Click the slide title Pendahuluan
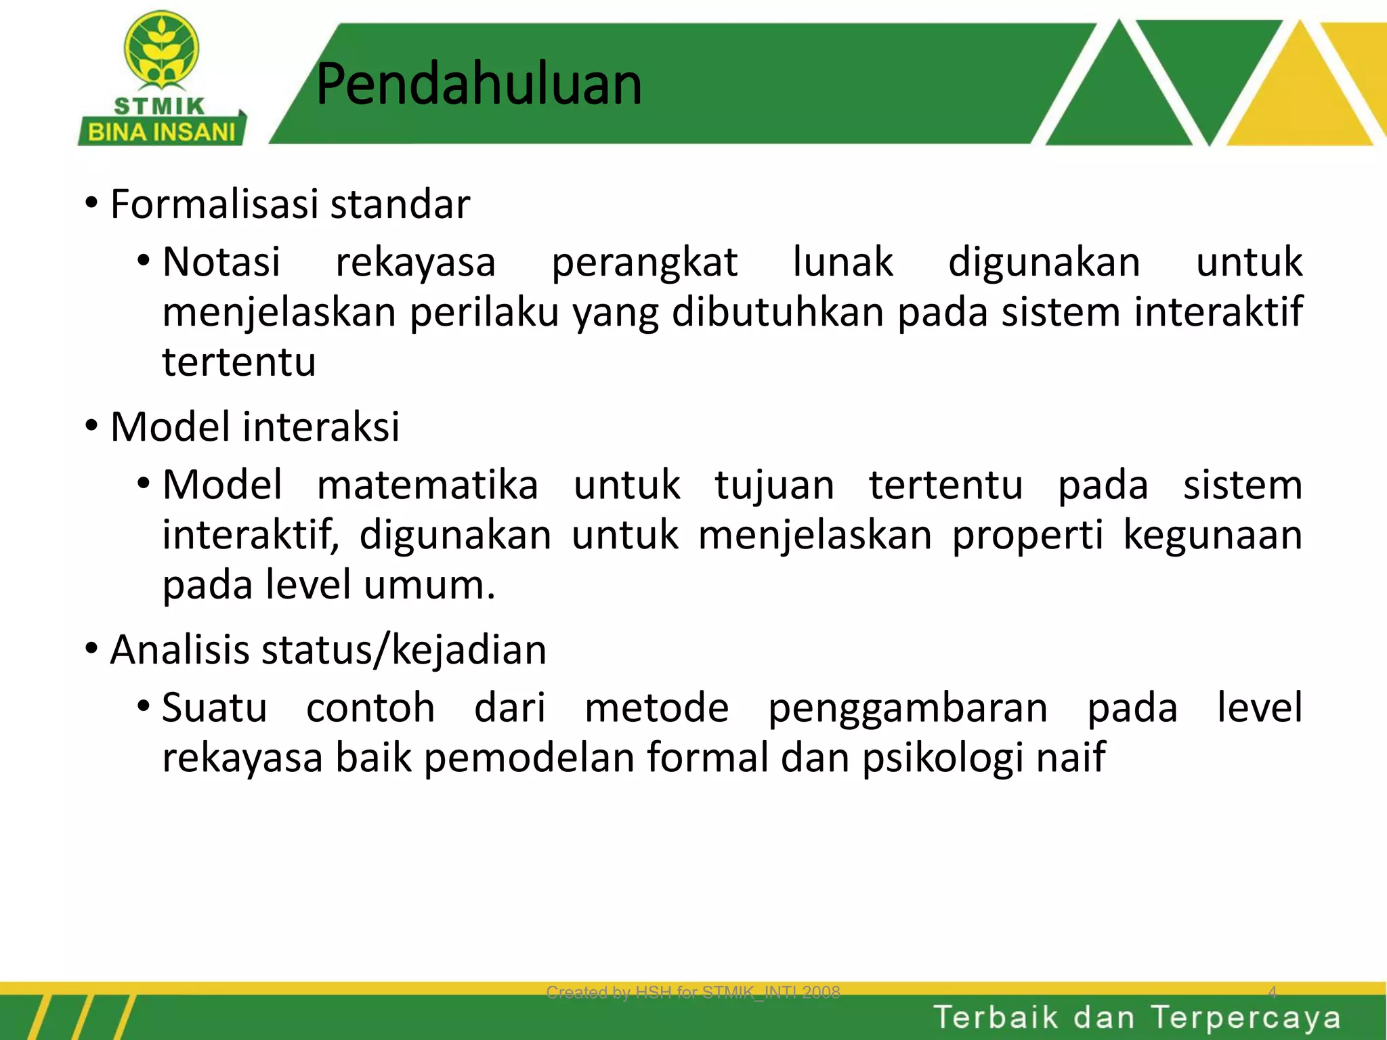click(x=479, y=85)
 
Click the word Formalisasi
click(x=215, y=204)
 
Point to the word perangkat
click(x=644, y=263)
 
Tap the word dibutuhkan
click(x=778, y=312)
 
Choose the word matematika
click(x=427, y=485)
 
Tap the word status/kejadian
click(x=404, y=650)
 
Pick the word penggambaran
click(x=908, y=709)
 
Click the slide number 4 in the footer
click(x=1272, y=993)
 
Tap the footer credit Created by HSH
click(x=693, y=993)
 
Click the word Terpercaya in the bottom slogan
click(x=1245, y=1018)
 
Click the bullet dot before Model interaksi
click(x=91, y=427)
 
